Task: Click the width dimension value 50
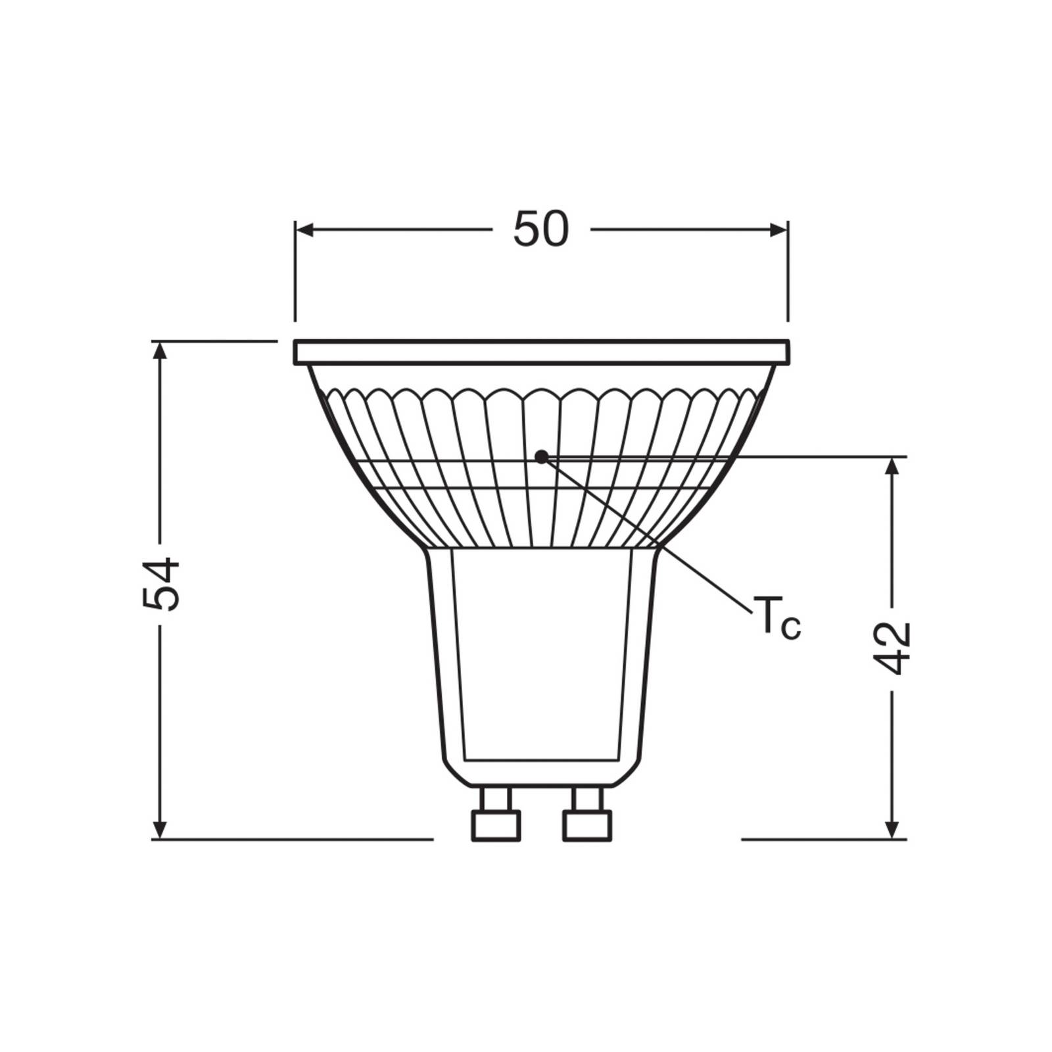point(540,229)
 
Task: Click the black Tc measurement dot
point(541,456)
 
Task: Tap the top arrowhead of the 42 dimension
point(892,466)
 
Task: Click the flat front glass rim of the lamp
point(540,352)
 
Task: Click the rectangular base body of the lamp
point(542,657)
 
